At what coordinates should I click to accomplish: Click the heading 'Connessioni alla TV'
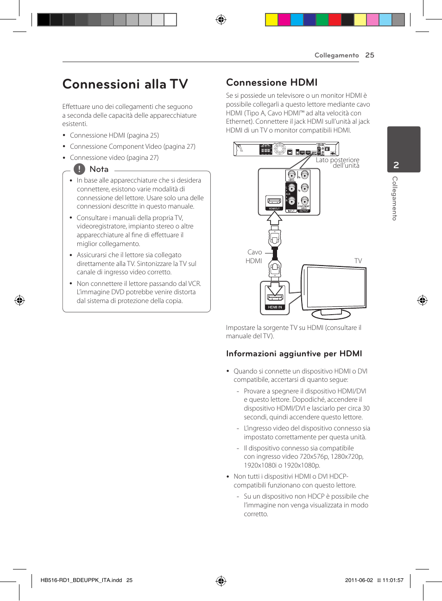pyautogui.click(x=125, y=84)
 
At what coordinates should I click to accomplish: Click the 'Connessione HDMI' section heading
pyautogui.click(x=272, y=82)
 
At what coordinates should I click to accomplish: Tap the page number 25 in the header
pyautogui.click(x=369, y=55)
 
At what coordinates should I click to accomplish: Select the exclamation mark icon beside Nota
pyautogui.click(x=79, y=169)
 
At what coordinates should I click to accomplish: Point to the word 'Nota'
pyautogui.click(x=99, y=170)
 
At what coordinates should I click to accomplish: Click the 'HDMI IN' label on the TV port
pyautogui.click(x=274, y=307)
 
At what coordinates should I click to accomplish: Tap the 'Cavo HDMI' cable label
pyautogui.click(x=254, y=256)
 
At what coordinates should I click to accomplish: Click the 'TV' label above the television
pyautogui.click(x=358, y=261)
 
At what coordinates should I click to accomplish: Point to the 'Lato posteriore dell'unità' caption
pyautogui.click(x=338, y=163)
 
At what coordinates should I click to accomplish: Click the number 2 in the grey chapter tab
pyautogui.click(x=396, y=165)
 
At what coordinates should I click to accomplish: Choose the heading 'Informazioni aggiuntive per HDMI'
pyautogui.click(x=294, y=354)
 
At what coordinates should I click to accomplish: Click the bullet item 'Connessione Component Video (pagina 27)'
pyautogui.click(x=133, y=146)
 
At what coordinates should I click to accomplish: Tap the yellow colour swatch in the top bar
pyautogui.click(x=272, y=19)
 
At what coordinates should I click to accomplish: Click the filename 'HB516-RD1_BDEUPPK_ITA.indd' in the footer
pyautogui.click(x=81, y=580)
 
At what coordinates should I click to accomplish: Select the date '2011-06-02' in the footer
pyautogui.click(x=359, y=580)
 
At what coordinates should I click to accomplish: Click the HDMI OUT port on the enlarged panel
pyautogui.click(x=274, y=202)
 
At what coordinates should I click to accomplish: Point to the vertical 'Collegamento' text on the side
pyautogui.click(x=395, y=198)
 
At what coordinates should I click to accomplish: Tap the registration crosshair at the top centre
pyautogui.click(x=221, y=19)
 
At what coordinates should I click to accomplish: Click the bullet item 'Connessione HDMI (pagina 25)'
pyautogui.click(x=114, y=135)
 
